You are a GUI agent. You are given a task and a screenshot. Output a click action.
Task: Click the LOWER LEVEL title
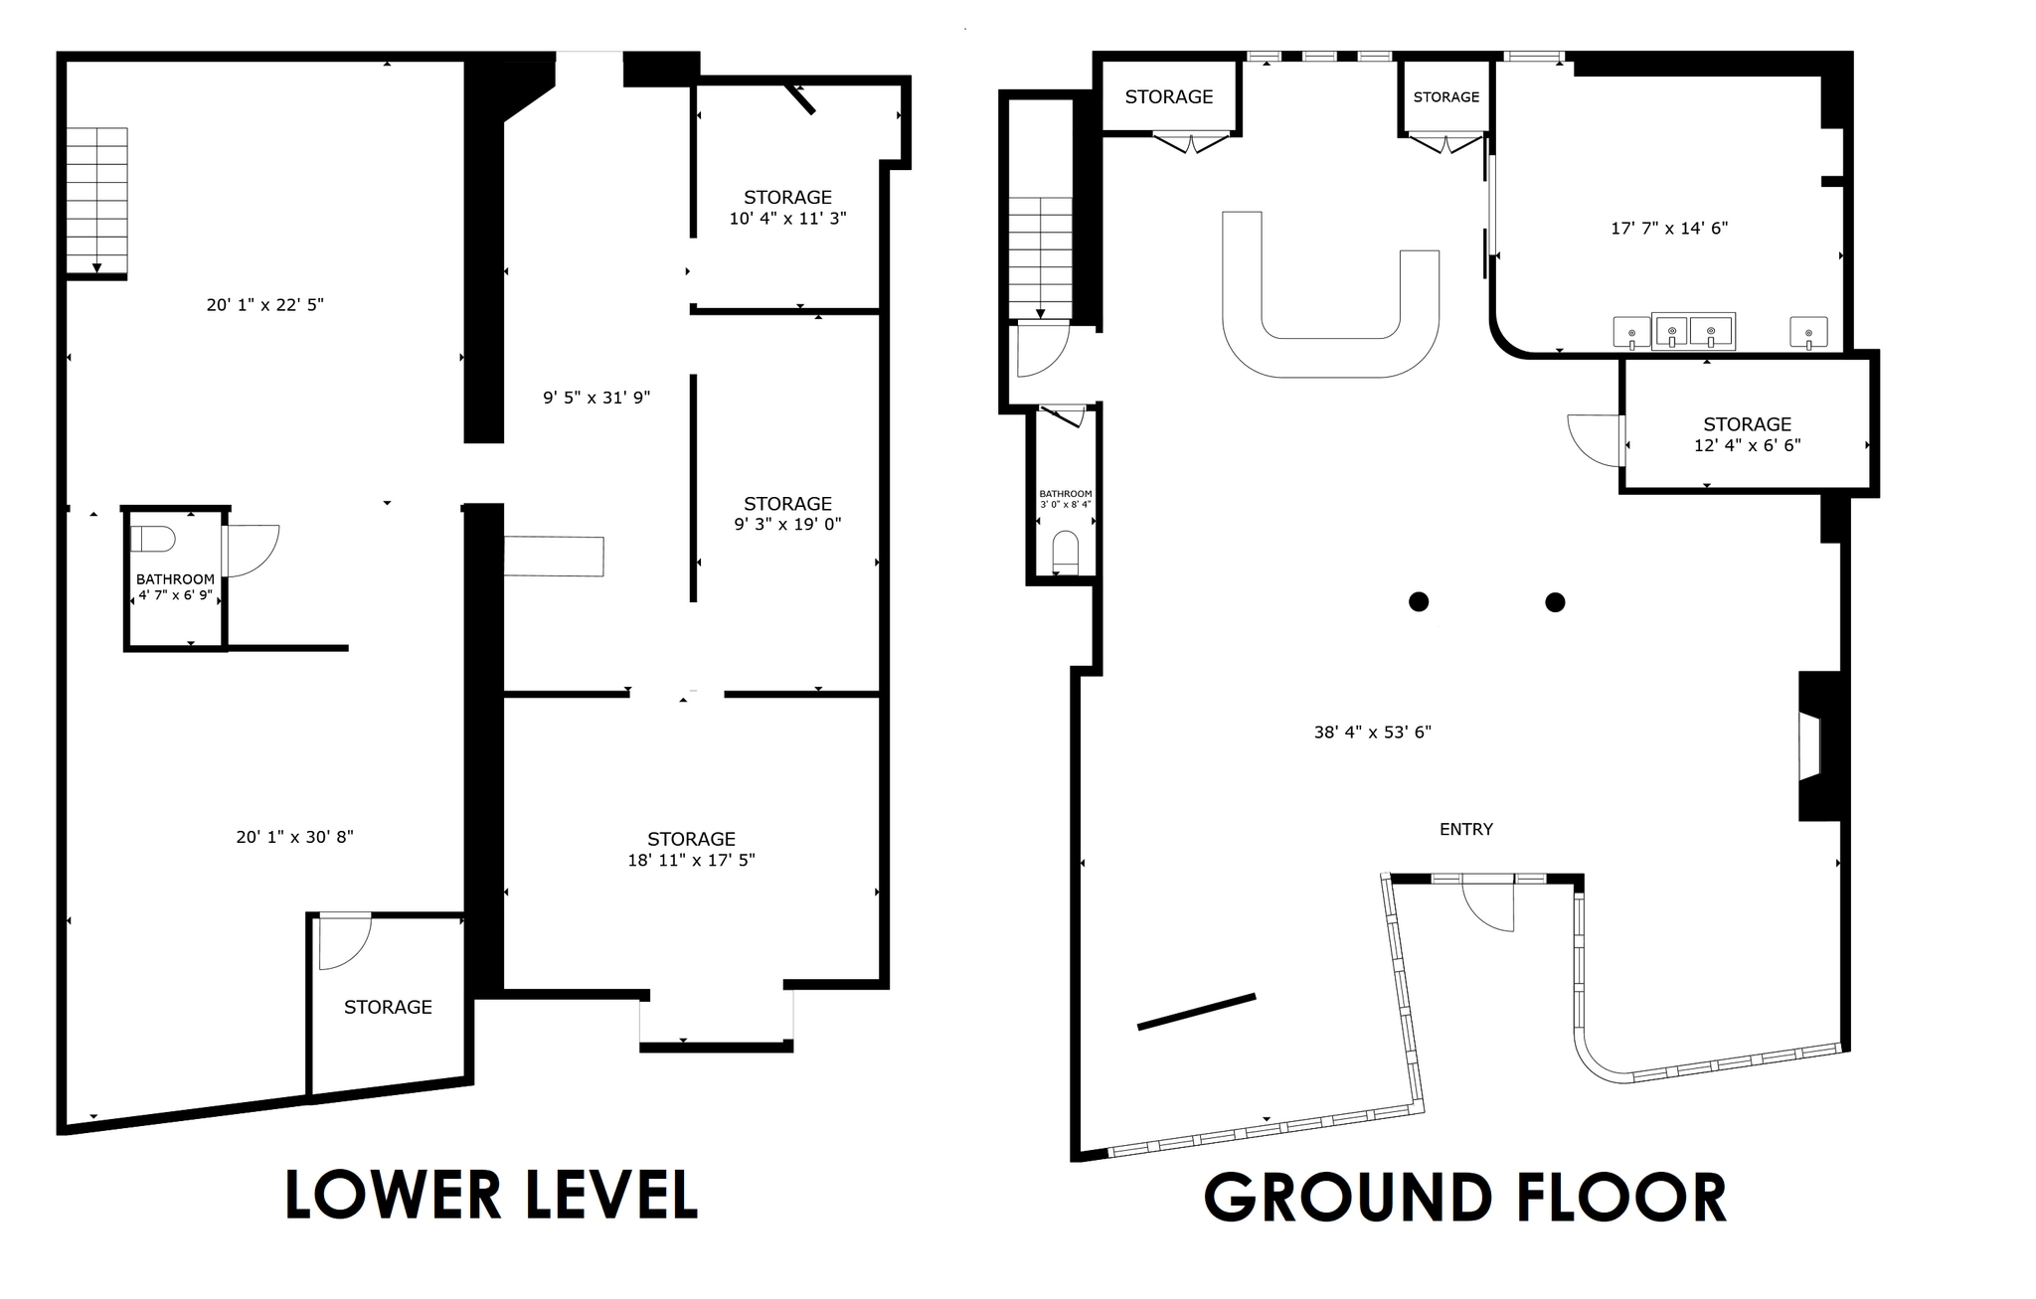click(x=491, y=1196)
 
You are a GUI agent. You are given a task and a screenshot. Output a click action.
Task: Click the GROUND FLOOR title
click(x=1464, y=1198)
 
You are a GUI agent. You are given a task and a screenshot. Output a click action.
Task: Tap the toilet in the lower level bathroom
click(x=153, y=540)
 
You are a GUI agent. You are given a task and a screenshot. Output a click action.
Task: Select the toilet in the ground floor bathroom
click(x=1065, y=552)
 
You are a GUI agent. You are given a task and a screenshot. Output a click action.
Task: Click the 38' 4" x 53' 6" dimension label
click(x=1372, y=732)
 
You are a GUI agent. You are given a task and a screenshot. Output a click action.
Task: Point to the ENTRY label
click(x=1465, y=829)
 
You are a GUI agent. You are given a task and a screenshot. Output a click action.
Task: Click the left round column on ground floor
click(x=1419, y=601)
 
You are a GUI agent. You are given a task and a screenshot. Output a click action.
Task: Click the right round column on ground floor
click(x=1555, y=602)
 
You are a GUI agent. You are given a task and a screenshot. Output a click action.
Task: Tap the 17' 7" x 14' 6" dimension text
click(x=1668, y=228)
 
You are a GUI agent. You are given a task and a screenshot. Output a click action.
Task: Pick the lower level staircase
click(x=96, y=200)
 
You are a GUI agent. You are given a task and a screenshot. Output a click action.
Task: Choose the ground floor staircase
click(x=1040, y=256)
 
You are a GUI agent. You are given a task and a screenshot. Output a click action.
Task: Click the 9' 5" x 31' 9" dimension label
click(x=595, y=398)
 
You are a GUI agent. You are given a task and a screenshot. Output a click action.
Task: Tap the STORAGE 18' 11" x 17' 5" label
click(x=691, y=850)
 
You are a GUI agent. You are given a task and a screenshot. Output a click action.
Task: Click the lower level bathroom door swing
click(x=252, y=550)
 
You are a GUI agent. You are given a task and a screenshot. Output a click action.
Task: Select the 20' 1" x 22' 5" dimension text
click(x=264, y=305)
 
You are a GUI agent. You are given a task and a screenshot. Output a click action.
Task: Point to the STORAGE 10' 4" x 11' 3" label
click(x=787, y=208)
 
